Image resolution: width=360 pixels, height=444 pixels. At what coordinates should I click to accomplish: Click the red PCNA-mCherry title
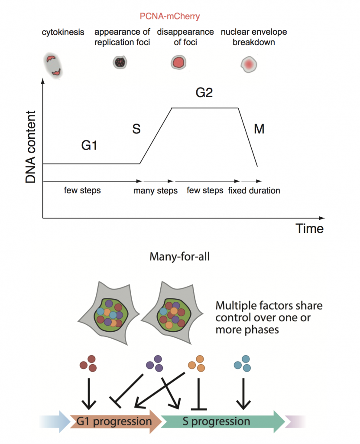coord(170,16)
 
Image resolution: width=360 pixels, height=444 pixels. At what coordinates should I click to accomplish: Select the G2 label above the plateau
coord(204,93)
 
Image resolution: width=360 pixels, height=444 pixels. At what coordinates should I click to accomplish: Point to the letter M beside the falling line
coord(259,129)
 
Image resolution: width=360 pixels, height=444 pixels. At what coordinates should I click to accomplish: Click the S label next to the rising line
coord(136,129)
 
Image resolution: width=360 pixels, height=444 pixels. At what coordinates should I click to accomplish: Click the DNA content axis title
coord(31,146)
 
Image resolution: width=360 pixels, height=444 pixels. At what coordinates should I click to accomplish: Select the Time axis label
coord(309,228)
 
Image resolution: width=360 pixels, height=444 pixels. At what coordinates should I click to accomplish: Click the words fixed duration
coord(254,190)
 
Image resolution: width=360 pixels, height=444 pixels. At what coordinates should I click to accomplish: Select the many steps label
coord(155,191)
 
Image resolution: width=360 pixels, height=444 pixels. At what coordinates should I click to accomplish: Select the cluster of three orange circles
coord(197,363)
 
